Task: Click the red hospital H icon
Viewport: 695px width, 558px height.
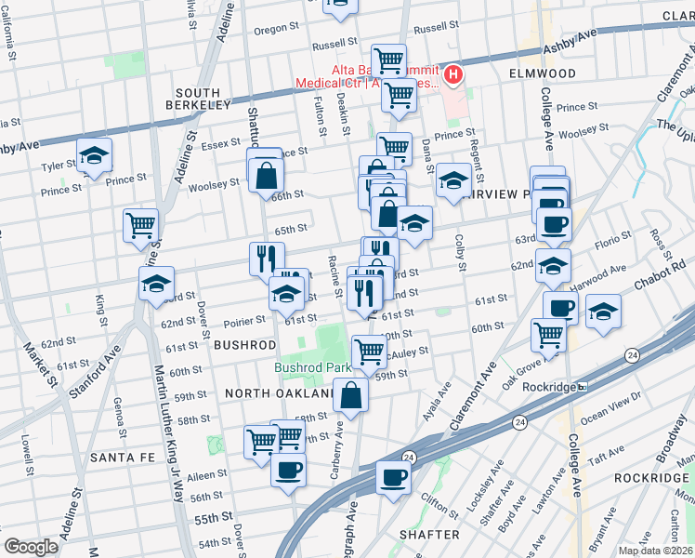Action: point(453,73)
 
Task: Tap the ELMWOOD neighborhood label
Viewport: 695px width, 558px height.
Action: point(543,73)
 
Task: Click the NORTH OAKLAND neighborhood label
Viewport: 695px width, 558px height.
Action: point(278,393)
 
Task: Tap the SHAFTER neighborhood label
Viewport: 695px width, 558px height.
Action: point(429,535)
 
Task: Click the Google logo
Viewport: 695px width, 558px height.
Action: point(31,547)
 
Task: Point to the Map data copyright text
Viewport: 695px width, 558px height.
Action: point(655,551)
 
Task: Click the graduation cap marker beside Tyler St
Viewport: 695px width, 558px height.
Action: point(94,155)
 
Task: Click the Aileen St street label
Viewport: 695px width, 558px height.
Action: point(209,475)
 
